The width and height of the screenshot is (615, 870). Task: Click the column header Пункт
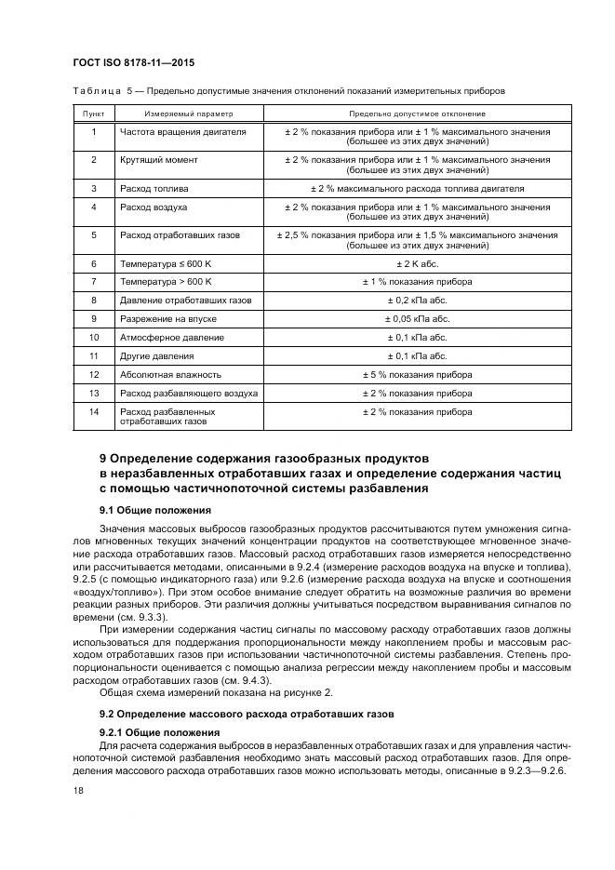pos(93,114)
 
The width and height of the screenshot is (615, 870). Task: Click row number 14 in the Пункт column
pos(93,411)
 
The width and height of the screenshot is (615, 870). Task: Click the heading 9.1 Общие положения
pos(154,511)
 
